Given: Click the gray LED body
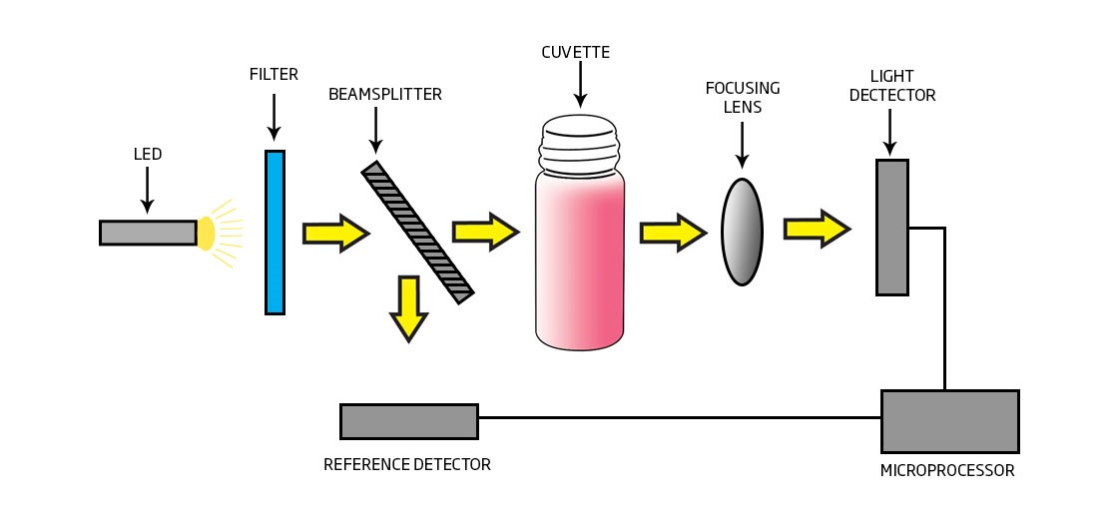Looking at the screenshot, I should pyautogui.click(x=148, y=233).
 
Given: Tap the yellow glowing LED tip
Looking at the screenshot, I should pyautogui.click(x=206, y=233).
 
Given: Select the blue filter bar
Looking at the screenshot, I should pyautogui.click(x=275, y=233).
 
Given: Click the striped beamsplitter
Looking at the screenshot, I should pyautogui.click(x=417, y=232).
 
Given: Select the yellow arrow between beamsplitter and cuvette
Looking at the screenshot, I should pyautogui.click(x=485, y=233).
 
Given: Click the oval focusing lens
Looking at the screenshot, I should pyautogui.click(x=742, y=232).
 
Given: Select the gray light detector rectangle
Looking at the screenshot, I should pyautogui.click(x=892, y=228).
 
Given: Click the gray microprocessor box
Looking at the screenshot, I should pyautogui.click(x=949, y=421).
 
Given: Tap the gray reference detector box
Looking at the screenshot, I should pyautogui.click(x=408, y=421).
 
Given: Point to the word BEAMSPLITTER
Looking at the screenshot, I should pyautogui.click(x=385, y=95).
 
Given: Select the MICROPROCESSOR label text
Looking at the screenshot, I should pyautogui.click(x=947, y=471).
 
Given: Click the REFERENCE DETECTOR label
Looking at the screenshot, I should pyautogui.click(x=407, y=465).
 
